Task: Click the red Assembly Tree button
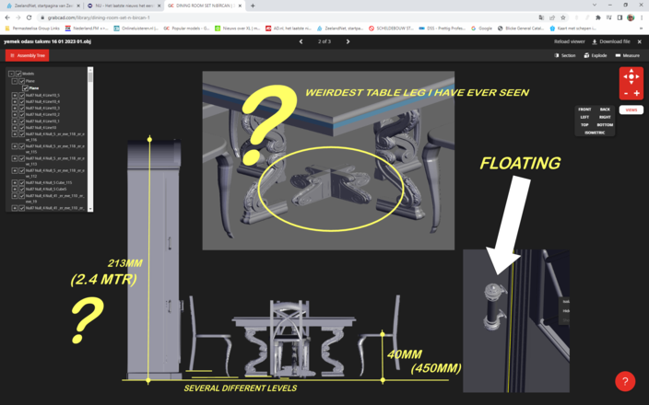(27, 55)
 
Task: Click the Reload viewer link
(569, 41)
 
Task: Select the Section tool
(565, 55)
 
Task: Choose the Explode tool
(596, 55)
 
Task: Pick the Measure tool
(627, 55)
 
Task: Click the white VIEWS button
(631, 110)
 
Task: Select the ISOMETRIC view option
(595, 133)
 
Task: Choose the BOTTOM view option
(605, 124)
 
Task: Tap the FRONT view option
(584, 110)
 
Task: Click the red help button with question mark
(625, 381)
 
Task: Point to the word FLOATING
(519, 164)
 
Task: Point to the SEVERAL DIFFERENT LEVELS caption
(240, 388)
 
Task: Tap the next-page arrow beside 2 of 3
(348, 41)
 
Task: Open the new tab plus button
(253, 6)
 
